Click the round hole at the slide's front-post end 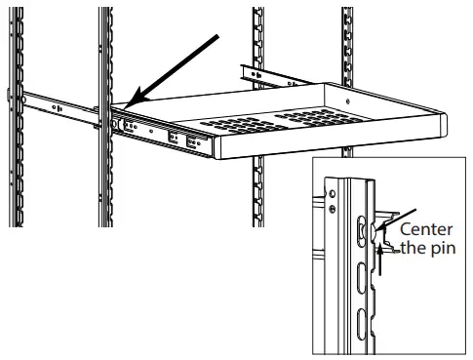click(117, 124)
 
